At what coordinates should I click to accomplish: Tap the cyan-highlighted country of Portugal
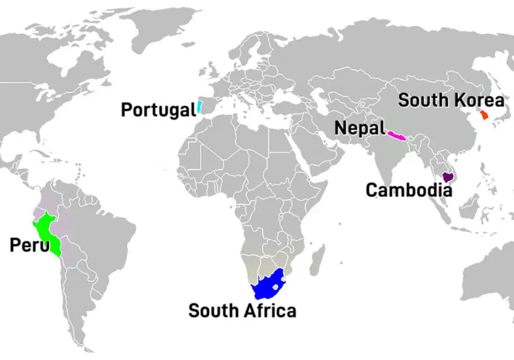198,107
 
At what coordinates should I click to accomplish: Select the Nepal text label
360,128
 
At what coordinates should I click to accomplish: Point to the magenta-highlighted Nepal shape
397,136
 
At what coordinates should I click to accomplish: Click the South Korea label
451,100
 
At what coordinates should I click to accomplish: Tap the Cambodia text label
409,190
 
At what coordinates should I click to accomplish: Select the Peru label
29,245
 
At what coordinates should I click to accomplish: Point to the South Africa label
242,311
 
